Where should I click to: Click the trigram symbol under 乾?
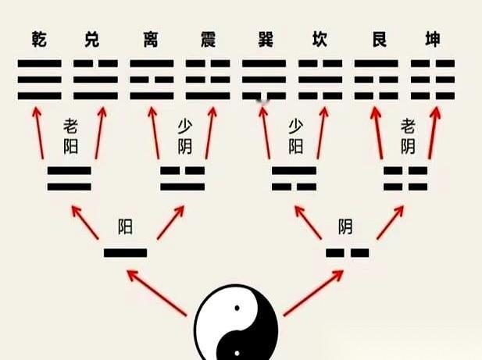click(38, 79)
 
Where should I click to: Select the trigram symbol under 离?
click(152, 79)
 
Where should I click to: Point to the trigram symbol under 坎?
click(320, 79)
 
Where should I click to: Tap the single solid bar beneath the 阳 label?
click(125, 252)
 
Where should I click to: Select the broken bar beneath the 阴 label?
click(347, 252)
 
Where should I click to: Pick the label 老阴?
click(408, 135)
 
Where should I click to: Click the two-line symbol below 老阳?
click(70, 178)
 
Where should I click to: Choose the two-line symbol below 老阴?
click(405, 178)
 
